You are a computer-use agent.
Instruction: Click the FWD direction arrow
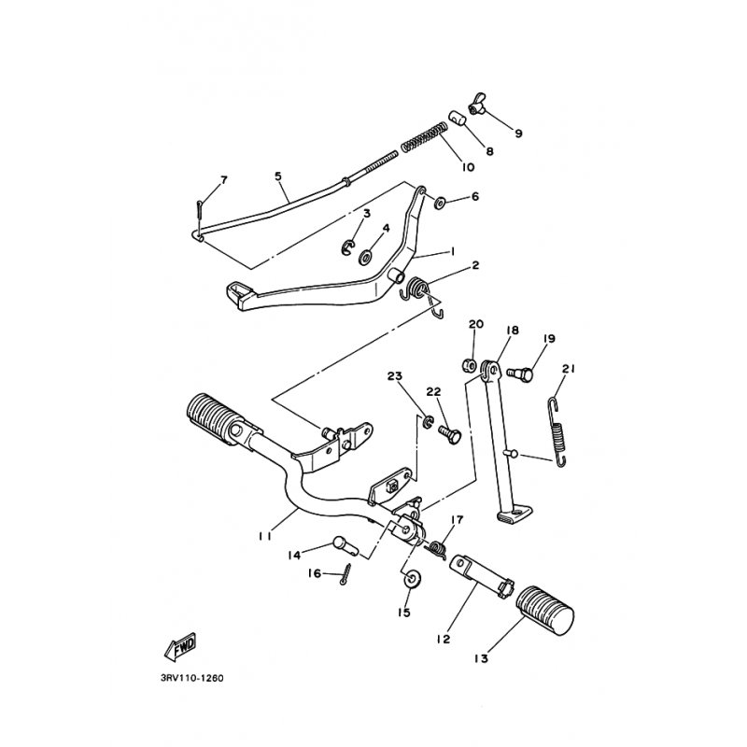point(180,647)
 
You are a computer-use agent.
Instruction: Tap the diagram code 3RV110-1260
point(192,678)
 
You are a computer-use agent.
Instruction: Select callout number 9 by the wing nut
point(518,133)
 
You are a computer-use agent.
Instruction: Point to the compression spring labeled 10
point(424,137)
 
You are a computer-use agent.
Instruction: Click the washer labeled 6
point(439,203)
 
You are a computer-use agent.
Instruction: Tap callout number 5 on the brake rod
point(278,176)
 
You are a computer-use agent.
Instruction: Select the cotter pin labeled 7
point(199,209)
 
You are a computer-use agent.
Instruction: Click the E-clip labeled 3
point(348,247)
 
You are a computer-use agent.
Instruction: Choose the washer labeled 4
point(366,258)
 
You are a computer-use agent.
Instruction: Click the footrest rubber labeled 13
point(545,613)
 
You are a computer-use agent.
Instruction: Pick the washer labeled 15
point(410,579)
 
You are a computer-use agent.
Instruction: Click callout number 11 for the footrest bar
point(265,536)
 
